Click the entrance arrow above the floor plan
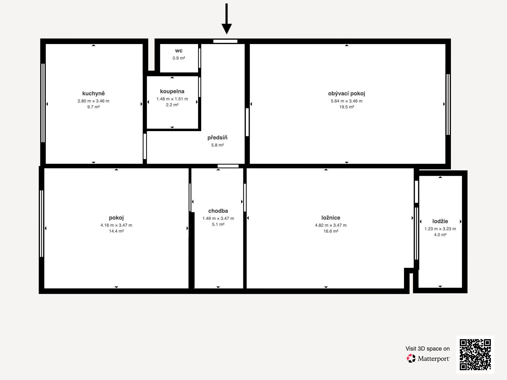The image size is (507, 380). pyautogui.click(x=226, y=18)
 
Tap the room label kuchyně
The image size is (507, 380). pyautogui.click(x=93, y=93)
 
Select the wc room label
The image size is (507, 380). pyautogui.click(x=178, y=51)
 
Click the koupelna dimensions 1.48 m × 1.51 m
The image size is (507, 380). pyautogui.click(x=172, y=99)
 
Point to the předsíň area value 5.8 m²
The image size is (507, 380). pyautogui.click(x=217, y=145)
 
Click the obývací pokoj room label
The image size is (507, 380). pyautogui.click(x=346, y=93)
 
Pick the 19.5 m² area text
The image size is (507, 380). pyautogui.click(x=346, y=107)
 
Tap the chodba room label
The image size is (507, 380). pyautogui.click(x=218, y=211)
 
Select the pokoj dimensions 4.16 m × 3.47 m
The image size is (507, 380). pyautogui.click(x=116, y=225)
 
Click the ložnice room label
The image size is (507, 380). pyautogui.click(x=331, y=218)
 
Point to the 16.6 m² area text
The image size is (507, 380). pyautogui.click(x=331, y=231)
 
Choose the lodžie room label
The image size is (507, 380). pyautogui.click(x=440, y=221)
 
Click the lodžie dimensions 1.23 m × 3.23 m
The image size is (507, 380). pyautogui.click(x=440, y=229)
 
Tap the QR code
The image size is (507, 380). pyautogui.click(x=475, y=355)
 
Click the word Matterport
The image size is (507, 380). pyautogui.click(x=433, y=359)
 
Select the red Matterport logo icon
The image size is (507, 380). pyautogui.click(x=411, y=358)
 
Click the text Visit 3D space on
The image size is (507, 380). pyautogui.click(x=427, y=349)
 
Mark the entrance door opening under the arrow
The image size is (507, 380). pyautogui.click(x=225, y=41)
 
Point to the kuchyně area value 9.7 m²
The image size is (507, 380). pyautogui.click(x=93, y=107)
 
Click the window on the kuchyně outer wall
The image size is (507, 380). pyautogui.click(x=43, y=103)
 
